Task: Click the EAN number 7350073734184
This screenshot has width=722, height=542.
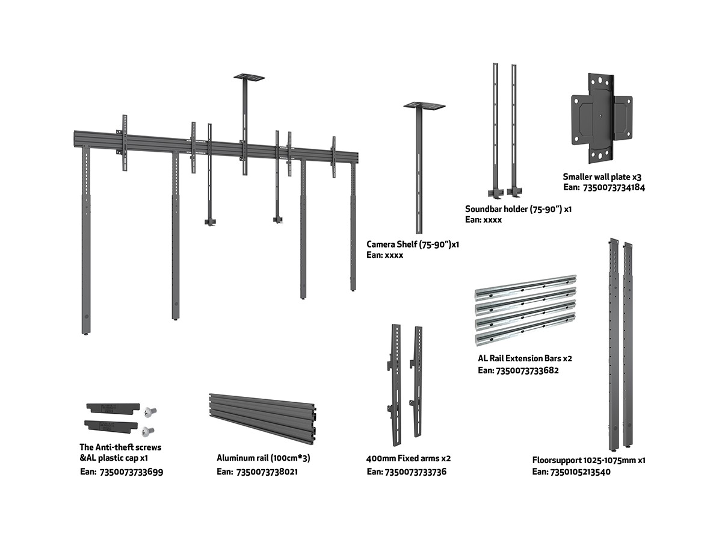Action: [614, 188]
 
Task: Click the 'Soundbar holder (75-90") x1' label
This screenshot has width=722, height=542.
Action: [518, 210]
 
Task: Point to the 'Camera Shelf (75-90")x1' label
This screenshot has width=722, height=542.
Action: [413, 245]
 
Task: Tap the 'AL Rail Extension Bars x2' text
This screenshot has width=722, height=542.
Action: [525, 358]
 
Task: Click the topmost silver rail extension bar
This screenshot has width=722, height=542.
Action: [525, 285]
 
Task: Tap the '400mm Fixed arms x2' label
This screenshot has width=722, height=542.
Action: [409, 459]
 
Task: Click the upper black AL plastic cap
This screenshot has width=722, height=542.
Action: [113, 408]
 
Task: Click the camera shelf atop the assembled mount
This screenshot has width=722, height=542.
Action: [249, 77]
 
